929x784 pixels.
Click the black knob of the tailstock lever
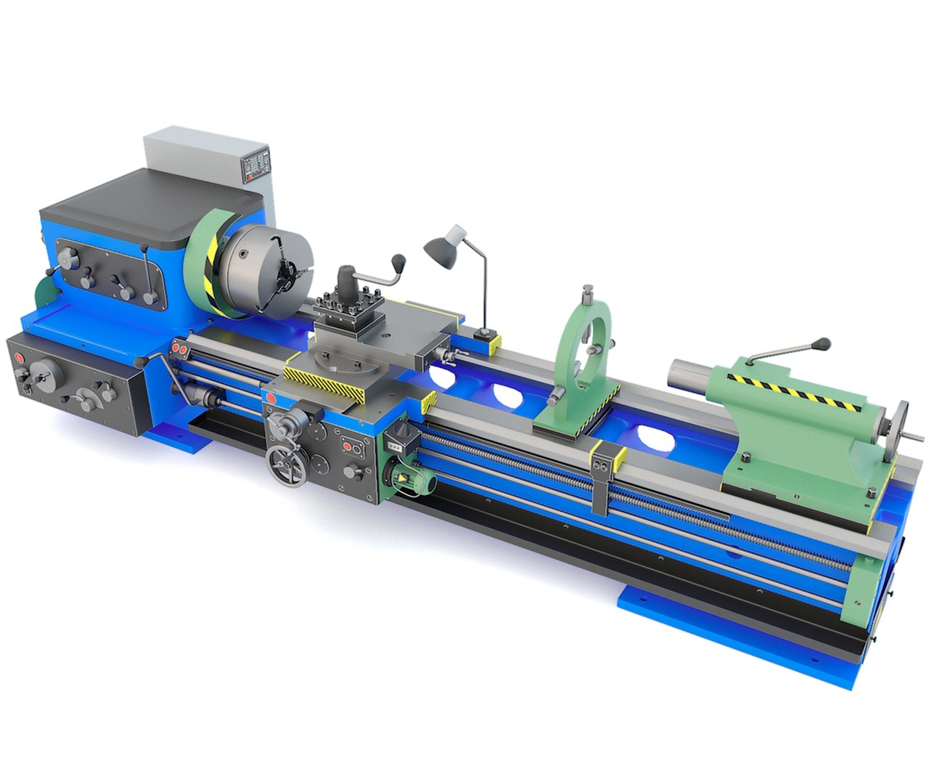click(x=823, y=343)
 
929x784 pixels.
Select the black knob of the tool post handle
click(x=398, y=260)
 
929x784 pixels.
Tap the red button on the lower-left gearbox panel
click(x=18, y=359)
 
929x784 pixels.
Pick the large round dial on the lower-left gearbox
click(x=45, y=379)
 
